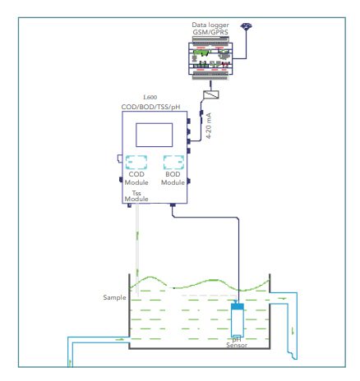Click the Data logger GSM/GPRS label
210,29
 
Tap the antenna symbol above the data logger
246,26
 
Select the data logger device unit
210,58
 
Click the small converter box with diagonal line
211,94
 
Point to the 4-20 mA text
209,126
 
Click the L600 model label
150,97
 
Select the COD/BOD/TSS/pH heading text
150,107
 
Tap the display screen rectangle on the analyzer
155,135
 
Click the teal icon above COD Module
136,163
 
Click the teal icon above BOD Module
173,163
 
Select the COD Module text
136,178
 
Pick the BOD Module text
173,178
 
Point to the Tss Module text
136,196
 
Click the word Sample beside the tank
114,297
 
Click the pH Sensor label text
237,342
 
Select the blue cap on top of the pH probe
238,306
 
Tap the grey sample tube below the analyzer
137,250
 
